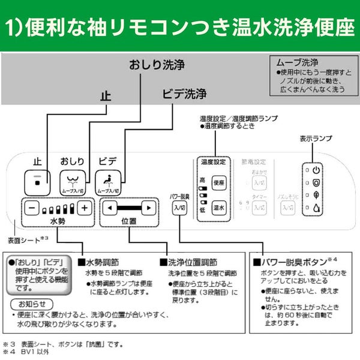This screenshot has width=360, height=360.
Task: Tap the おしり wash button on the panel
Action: click(72, 181)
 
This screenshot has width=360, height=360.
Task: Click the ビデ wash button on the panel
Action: click(108, 181)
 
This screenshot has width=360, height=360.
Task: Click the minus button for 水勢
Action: click(32, 208)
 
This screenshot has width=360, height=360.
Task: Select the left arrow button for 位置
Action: click(109, 208)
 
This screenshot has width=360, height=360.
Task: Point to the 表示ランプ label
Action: click(316, 139)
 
